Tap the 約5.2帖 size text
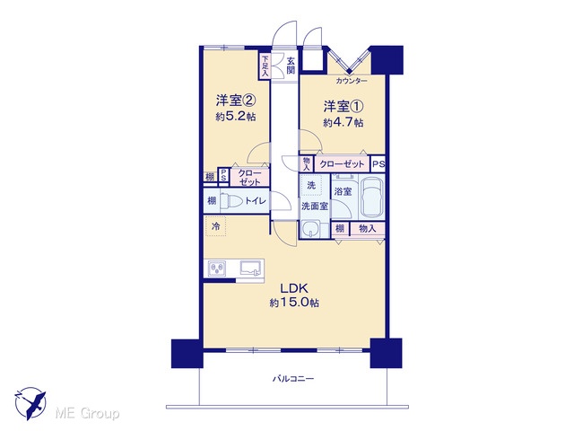pyautogui.click(x=236, y=117)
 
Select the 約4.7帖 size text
pyautogui.click(x=343, y=122)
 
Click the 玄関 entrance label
pyautogui.click(x=291, y=66)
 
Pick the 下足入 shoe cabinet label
pyautogui.click(x=265, y=66)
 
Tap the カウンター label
pyautogui.click(x=352, y=81)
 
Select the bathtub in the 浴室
pyautogui.click(x=371, y=198)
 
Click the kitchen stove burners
pyautogui.click(x=217, y=269)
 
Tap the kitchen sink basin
pyautogui.click(x=252, y=268)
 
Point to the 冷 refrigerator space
pyautogui.click(x=216, y=226)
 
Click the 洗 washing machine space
pyautogui.click(x=311, y=185)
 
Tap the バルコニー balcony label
pyautogui.click(x=293, y=379)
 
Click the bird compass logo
pyautogui.click(x=30, y=403)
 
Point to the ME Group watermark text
pyautogui.click(x=87, y=413)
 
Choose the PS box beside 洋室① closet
pyautogui.click(x=378, y=164)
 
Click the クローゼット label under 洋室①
pyautogui.click(x=342, y=164)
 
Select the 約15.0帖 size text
pyautogui.click(x=294, y=303)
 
